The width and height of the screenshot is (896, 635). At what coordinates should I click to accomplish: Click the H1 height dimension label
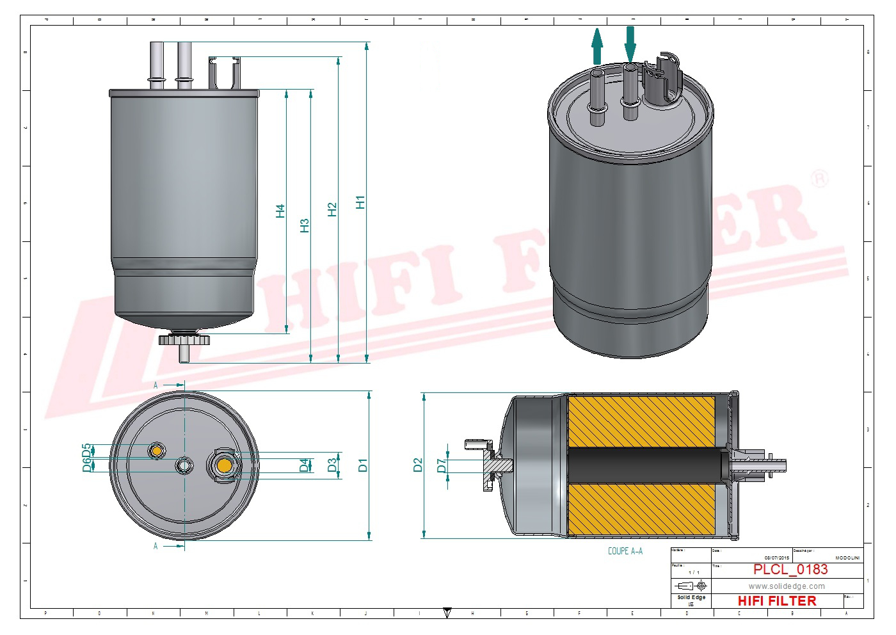[x=360, y=202]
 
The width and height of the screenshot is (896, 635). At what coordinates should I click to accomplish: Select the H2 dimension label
[x=332, y=209]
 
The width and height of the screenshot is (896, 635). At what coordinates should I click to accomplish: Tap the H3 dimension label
[x=305, y=225]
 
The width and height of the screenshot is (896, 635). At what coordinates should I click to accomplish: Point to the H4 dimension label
[x=280, y=211]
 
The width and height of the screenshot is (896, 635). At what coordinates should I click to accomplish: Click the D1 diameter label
[x=363, y=465]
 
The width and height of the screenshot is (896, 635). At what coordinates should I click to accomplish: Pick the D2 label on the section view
[x=418, y=465]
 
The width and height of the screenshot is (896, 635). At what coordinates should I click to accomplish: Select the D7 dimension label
[x=441, y=465]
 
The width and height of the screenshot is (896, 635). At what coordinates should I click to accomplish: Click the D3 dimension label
[x=332, y=465]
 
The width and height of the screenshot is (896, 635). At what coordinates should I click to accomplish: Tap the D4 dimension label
[x=304, y=465]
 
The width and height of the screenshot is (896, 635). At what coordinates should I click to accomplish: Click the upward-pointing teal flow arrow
[x=597, y=47]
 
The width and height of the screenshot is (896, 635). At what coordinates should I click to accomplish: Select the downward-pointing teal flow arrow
[x=630, y=43]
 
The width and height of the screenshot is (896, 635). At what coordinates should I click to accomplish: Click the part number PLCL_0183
[x=790, y=570]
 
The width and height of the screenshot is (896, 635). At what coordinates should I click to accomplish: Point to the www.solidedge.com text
[x=787, y=586]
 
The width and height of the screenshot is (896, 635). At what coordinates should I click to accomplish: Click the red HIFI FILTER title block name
[x=777, y=601]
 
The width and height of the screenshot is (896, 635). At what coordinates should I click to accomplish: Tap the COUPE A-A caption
[x=625, y=551]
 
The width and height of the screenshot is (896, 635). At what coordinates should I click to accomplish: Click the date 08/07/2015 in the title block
[x=776, y=558]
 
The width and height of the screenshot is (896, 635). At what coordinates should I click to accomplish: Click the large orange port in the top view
[x=224, y=465]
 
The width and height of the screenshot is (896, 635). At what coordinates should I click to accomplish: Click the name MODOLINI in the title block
[x=847, y=558]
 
